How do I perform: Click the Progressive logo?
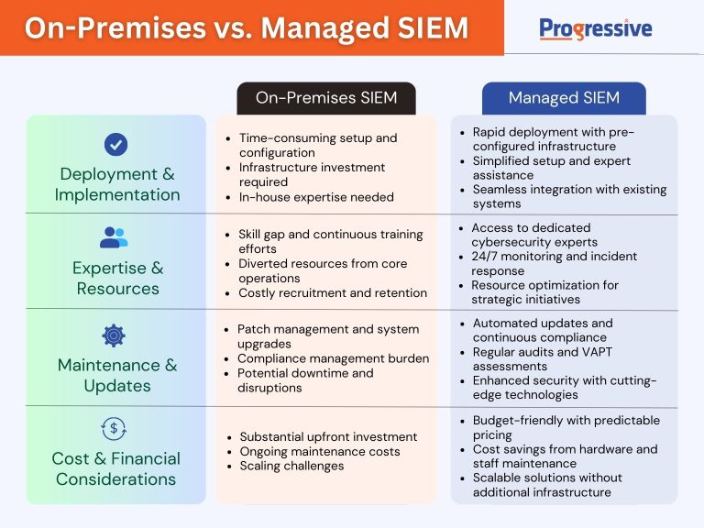pyautogui.click(x=596, y=28)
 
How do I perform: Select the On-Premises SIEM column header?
pyautogui.click(x=325, y=98)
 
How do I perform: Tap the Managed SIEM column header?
pyautogui.click(x=564, y=98)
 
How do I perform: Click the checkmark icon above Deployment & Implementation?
pyautogui.click(x=115, y=144)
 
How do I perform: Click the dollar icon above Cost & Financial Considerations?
pyautogui.click(x=115, y=428)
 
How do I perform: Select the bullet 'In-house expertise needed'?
pyautogui.click(x=316, y=196)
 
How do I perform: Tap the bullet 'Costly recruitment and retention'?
pyautogui.click(x=332, y=293)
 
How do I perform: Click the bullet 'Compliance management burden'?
pyautogui.click(x=333, y=358)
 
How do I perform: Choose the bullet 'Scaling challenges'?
pyautogui.click(x=291, y=466)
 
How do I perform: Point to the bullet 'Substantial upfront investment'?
pyautogui.click(x=328, y=436)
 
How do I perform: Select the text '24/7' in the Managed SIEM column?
pyautogui.click(x=486, y=257)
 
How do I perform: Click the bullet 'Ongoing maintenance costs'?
pyautogui.click(x=320, y=451)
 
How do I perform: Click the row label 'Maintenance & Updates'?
pyautogui.click(x=117, y=375)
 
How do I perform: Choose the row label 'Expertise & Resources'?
pyautogui.click(x=117, y=278)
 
